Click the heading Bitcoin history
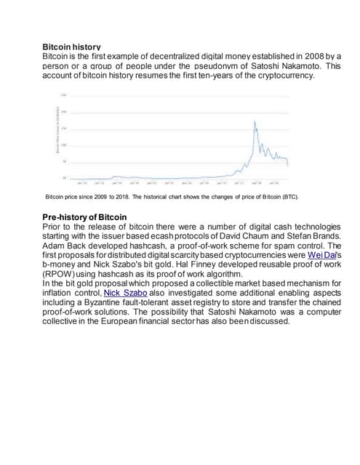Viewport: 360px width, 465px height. [x=71, y=46]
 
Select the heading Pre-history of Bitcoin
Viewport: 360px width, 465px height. [x=84, y=217]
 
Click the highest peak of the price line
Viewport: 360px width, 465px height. [x=255, y=121]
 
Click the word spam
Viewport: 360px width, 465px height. [x=263, y=246]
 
